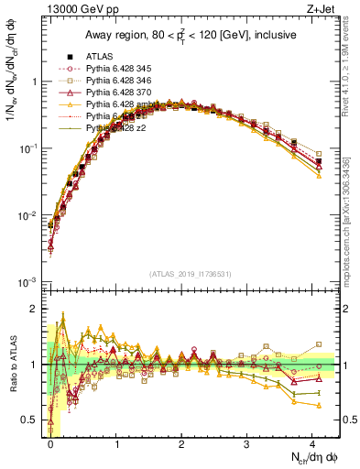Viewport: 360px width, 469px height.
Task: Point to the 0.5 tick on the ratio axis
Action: (x=29, y=420)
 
